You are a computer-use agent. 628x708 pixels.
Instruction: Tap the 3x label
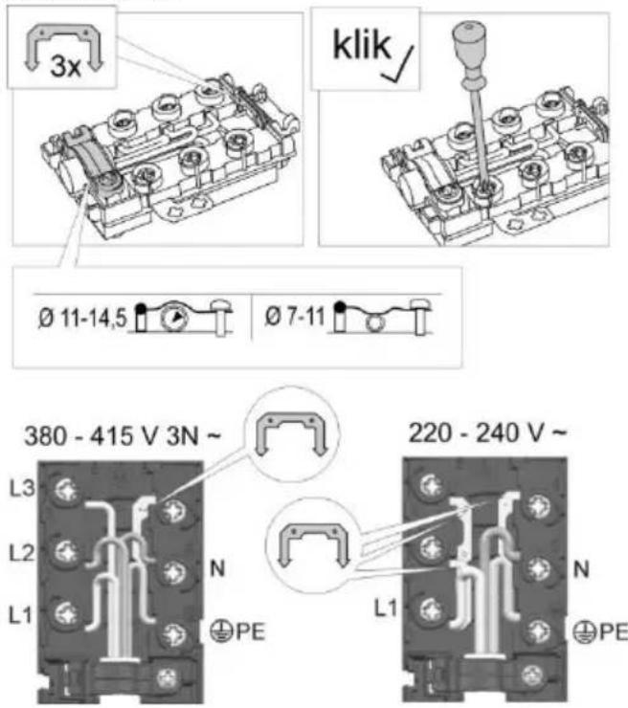tap(65, 66)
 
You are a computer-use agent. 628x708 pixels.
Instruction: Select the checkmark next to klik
tap(398, 64)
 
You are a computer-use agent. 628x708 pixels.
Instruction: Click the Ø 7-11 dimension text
tap(295, 316)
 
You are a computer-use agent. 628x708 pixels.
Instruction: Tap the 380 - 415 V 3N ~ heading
tap(123, 436)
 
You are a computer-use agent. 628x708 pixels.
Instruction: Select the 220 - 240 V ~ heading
tap(487, 432)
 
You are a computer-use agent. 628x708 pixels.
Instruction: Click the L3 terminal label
tap(22, 488)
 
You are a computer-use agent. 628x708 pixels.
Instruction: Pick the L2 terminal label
tap(22, 553)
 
